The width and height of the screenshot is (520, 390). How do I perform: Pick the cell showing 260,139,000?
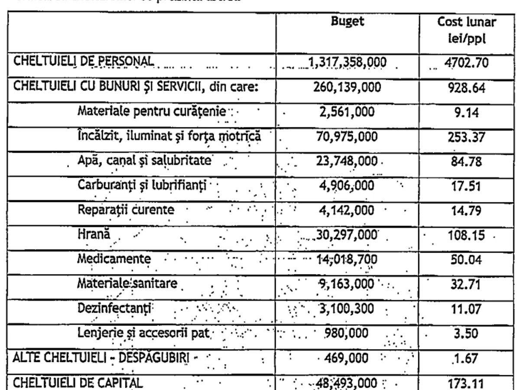pos(346,88)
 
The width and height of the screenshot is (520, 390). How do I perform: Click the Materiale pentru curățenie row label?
pos(152,111)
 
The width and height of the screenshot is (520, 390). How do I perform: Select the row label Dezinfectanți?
pos(115,309)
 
